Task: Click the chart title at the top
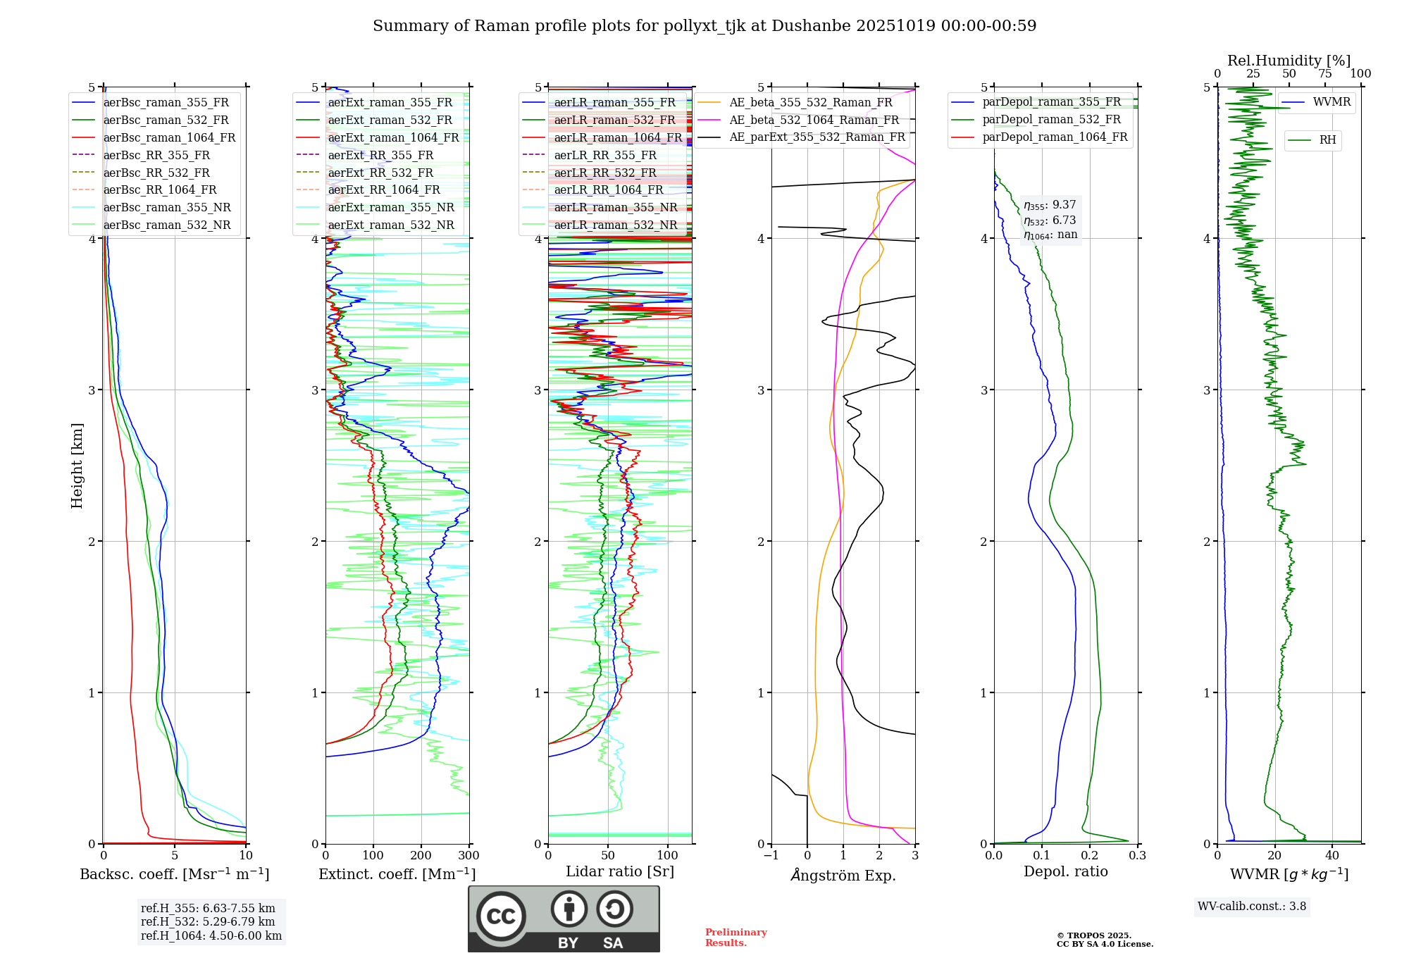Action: (x=704, y=26)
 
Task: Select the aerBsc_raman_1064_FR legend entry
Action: (x=169, y=137)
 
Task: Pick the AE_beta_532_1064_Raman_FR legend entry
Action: (x=814, y=120)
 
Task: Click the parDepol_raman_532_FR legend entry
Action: (x=1051, y=120)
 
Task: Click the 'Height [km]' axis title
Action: (x=77, y=466)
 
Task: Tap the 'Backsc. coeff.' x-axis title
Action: (x=175, y=874)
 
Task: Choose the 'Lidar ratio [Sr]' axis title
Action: (x=620, y=871)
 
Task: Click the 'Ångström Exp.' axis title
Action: (x=843, y=875)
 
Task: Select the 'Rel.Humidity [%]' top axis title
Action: (x=1289, y=61)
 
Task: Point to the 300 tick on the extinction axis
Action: (x=469, y=856)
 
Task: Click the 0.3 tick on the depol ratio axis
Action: (x=1138, y=856)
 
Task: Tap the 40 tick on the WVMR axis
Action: (x=1332, y=856)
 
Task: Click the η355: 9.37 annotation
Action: (x=1050, y=205)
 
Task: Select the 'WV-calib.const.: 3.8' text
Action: (x=1252, y=907)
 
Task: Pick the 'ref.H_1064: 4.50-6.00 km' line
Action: (x=211, y=936)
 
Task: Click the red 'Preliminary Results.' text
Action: (x=736, y=938)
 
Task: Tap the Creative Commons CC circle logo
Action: (x=501, y=916)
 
